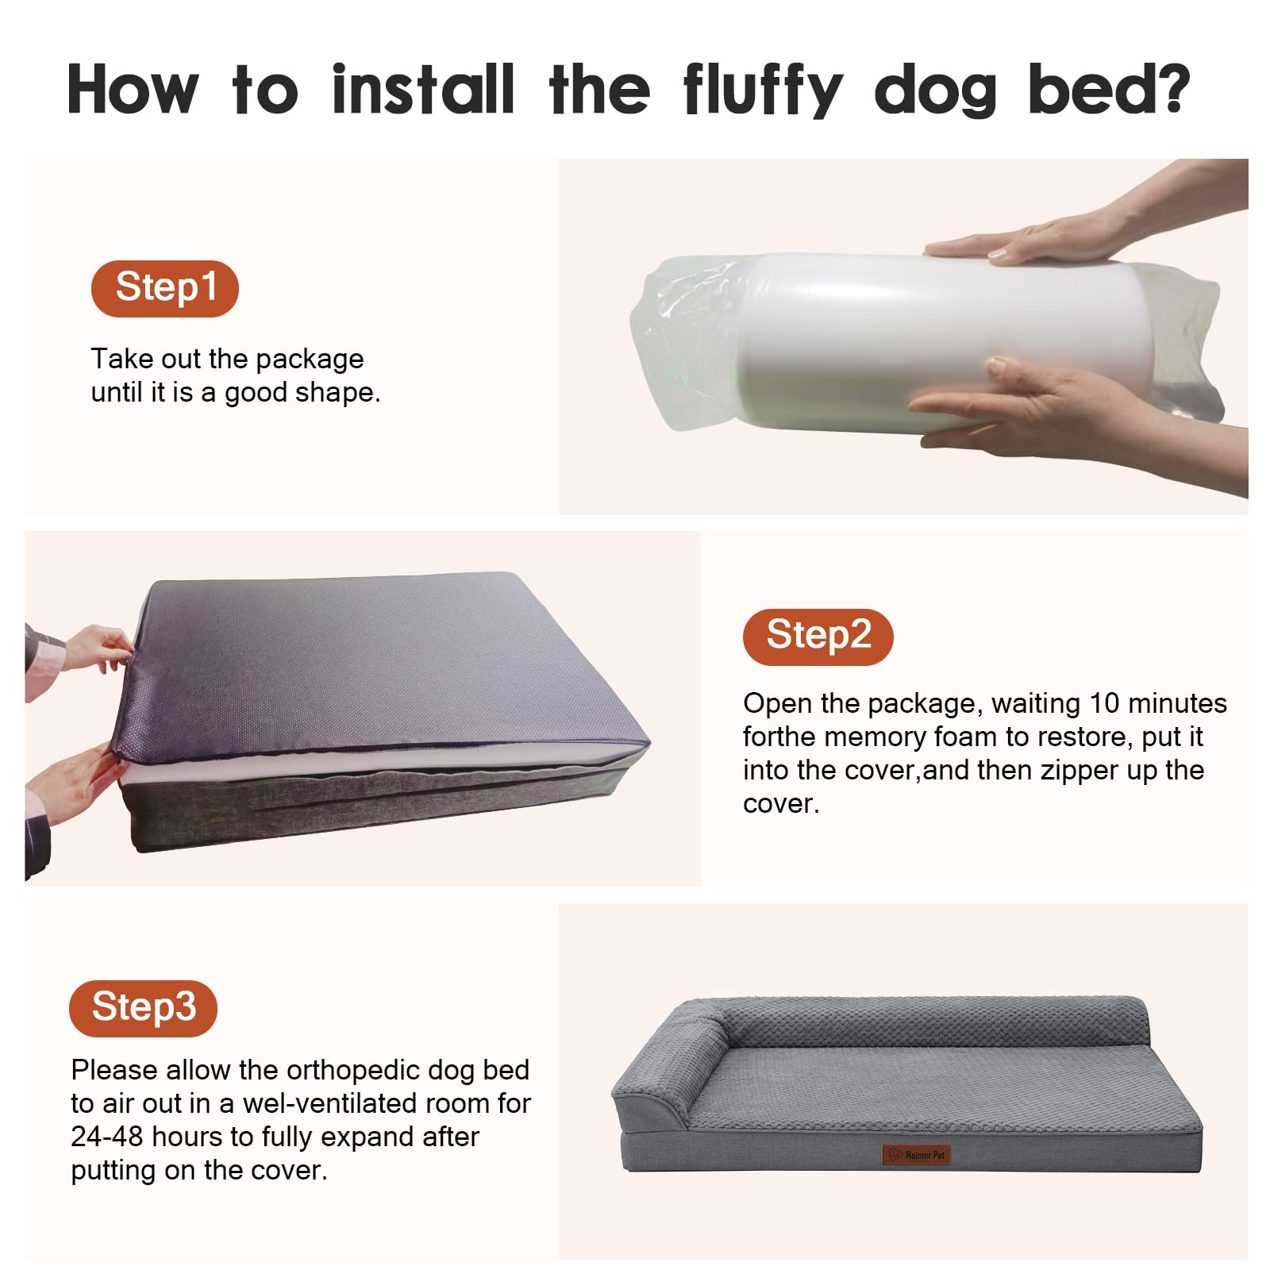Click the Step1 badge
click(x=164, y=288)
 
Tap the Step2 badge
click(x=818, y=637)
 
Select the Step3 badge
click(x=143, y=1008)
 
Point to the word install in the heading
click(x=423, y=89)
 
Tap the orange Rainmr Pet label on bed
click(x=916, y=1155)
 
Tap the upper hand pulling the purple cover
click(x=99, y=647)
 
